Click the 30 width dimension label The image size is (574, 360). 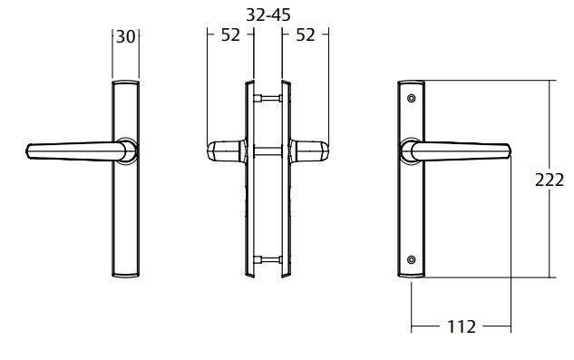tap(125, 36)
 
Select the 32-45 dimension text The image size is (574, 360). tap(268, 15)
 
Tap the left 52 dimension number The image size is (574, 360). tap(230, 35)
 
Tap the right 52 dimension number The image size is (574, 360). tap(306, 35)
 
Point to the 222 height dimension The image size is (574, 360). tap(550, 180)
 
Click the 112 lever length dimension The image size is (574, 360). tap(462, 326)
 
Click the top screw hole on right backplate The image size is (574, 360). tap(412, 98)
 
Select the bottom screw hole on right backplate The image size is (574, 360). tap(412, 259)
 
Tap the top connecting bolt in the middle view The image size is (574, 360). tap(268, 98)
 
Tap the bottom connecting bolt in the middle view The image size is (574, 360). tap(268, 260)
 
